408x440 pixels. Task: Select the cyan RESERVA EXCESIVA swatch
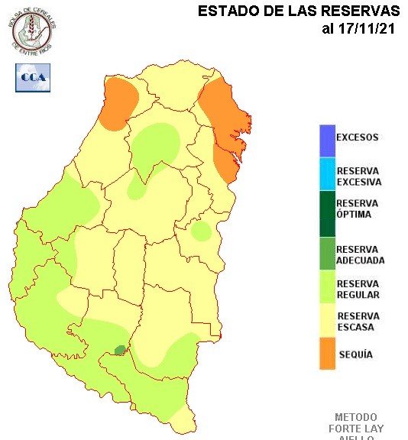click(327, 176)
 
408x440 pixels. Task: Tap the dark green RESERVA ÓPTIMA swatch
click(327, 213)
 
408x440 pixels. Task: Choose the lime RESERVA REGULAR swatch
click(327, 289)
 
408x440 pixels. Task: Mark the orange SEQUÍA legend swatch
click(327, 354)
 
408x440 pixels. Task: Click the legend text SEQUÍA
click(355, 354)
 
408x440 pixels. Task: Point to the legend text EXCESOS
click(358, 138)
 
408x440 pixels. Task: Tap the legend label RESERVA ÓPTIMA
click(358, 209)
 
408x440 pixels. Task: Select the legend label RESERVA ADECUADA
click(360, 254)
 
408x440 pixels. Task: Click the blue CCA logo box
click(32, 77)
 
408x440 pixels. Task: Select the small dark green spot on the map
click(120, 349)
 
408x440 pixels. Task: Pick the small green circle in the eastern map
click(201, 231)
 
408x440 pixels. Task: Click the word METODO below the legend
click(355, 418)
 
